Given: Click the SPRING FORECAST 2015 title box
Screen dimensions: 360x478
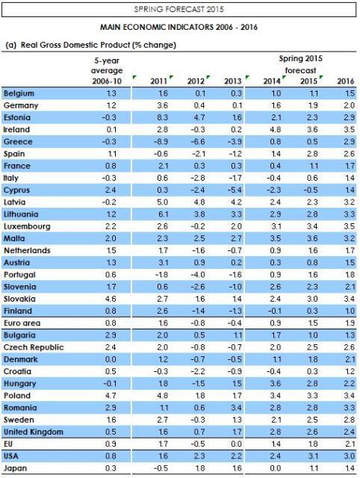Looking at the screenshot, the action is [179, 10].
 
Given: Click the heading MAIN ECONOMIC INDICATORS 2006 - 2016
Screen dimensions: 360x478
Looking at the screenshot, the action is [179, 27].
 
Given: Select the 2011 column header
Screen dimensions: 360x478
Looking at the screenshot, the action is [158, 81].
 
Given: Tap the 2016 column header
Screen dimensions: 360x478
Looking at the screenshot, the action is [346, 81].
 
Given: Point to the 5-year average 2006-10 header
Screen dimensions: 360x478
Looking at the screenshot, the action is [107, 71].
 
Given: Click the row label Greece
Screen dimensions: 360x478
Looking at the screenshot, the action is [18, 142].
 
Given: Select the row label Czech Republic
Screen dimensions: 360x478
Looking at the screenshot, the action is [34, 347].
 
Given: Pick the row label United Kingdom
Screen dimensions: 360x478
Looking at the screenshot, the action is [34, 432].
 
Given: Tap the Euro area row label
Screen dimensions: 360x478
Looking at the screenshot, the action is [22, 323].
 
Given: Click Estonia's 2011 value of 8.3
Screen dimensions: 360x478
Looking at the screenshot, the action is [162, 118].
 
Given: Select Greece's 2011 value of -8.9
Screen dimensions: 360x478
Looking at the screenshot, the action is [161, 142].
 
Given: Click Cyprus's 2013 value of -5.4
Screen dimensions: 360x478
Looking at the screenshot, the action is [235, 190].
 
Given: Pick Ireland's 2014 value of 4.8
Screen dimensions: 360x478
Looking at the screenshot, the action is [276, 129].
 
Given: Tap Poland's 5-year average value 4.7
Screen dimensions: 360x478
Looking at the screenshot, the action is [111, 396].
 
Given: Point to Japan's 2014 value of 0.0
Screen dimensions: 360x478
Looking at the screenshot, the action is [276, 468].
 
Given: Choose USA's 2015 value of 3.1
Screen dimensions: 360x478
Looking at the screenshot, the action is [313, 456].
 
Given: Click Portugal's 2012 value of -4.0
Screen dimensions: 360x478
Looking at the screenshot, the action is [198, 275].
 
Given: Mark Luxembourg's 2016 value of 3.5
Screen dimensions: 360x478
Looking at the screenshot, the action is [349, 226].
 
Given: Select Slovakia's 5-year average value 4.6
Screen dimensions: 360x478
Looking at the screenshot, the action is [111, 299].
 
